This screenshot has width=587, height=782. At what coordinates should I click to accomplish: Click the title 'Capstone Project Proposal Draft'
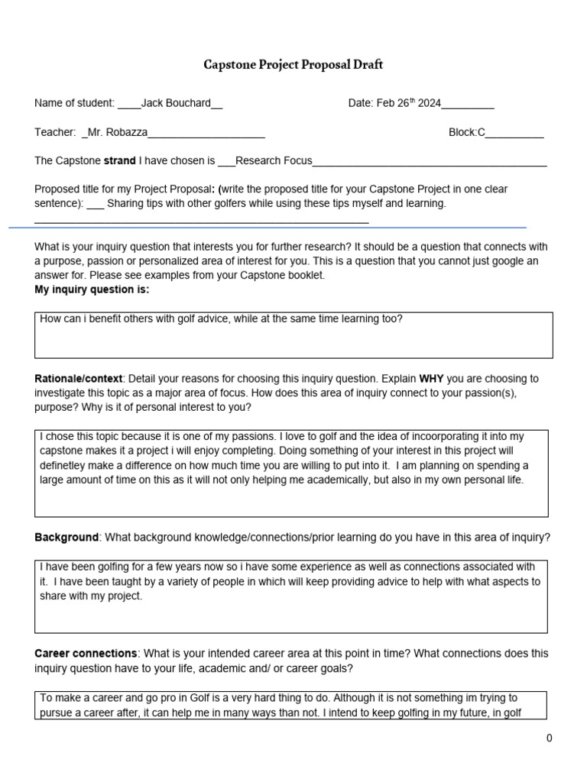point(293,65)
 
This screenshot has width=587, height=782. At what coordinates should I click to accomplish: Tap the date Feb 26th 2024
point(408,103)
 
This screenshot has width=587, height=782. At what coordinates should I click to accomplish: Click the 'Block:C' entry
point(466,132)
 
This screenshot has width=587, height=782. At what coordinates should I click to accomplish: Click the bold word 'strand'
point(120,160)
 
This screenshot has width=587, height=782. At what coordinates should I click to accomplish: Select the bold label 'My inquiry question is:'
point(92,289)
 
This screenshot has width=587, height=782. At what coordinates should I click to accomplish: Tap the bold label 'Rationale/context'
point(78,379)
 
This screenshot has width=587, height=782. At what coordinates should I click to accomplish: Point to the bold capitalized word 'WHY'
point(431,379)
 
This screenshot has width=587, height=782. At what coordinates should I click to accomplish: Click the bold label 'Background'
point(66,537)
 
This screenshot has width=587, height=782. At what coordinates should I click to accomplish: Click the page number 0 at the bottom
point(549,738)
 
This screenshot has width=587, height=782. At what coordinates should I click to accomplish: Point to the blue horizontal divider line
point(268,228)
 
